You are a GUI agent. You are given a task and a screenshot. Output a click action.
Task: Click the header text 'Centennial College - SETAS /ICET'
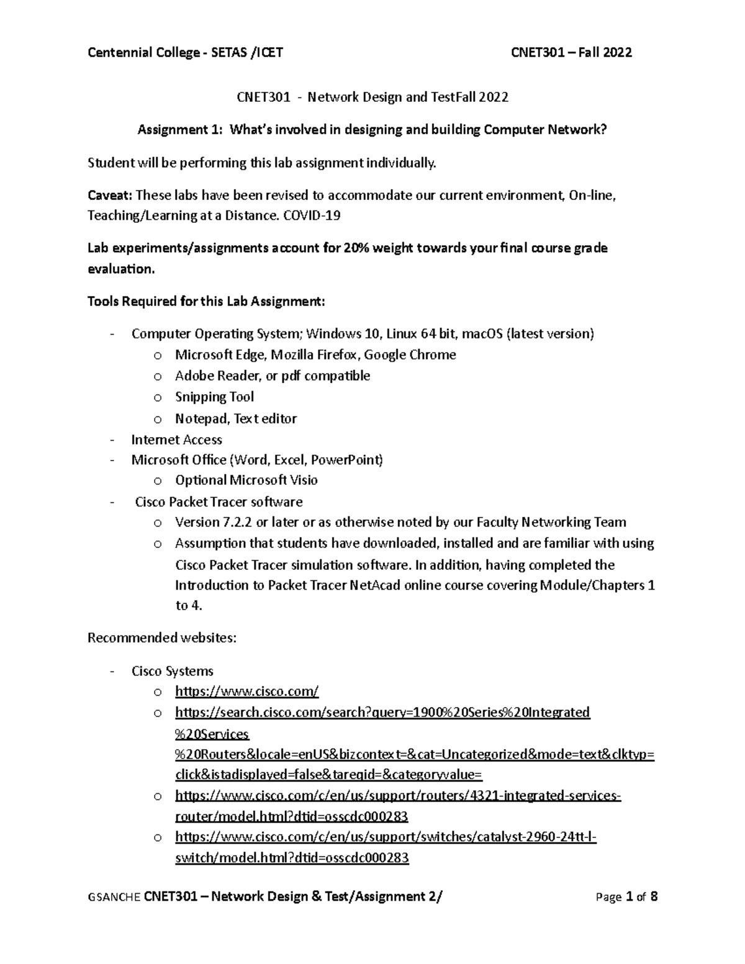[185, 53]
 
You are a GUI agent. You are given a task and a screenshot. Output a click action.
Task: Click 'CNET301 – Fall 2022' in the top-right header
[571, 53]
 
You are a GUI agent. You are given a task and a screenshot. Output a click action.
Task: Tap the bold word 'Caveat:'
[110, 196]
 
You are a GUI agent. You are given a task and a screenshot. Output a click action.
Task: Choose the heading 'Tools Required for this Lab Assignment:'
[206, 302]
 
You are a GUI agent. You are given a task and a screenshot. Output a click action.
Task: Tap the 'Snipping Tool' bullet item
[214, 397]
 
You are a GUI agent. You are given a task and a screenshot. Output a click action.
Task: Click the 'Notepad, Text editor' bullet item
[235, 419]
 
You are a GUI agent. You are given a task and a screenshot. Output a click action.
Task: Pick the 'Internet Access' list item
[176, 440]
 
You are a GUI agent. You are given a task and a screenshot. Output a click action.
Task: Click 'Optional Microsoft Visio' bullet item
[246, 480]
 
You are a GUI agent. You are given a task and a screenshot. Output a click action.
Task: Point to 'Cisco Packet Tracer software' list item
[219, 502]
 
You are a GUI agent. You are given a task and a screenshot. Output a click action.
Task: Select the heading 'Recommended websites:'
[161, 638]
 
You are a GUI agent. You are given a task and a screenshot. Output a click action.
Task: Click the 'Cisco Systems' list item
[172, 671]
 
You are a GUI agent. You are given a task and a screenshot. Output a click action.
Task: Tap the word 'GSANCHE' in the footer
[114, 898]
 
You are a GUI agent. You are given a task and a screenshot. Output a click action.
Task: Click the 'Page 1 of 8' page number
[626, 897]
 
